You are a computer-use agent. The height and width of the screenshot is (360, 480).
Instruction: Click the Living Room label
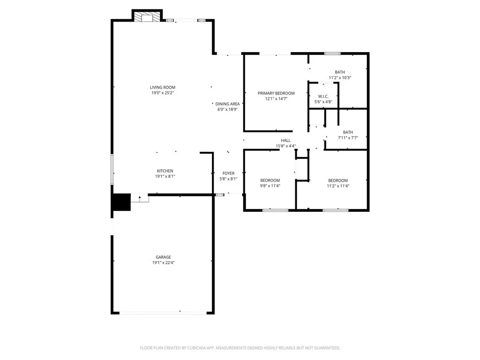pyautogui.click(x=162, y=87)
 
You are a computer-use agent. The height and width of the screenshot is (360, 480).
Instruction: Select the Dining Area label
pyautogui.click(x=227, y=104)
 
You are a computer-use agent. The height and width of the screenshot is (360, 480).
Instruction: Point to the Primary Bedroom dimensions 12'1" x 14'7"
pyautogui.click(x=276, y=99)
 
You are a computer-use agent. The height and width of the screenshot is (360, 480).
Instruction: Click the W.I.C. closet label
pyautogui.click(x=323, y=96)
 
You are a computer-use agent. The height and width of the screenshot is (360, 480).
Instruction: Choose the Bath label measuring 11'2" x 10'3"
pyautogui.click(x=340, y=72)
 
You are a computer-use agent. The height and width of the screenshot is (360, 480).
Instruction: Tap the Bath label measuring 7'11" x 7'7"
pyautogui.click(x=348, y=132)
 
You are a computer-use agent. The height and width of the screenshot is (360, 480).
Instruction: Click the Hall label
pyautogui.click(x=285, y=140)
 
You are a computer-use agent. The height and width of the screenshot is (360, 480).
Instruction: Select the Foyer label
pyautogui.click(x=228, y=173)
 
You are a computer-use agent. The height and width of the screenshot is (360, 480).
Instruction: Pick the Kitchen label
pyautogui.click(x=165, y=171)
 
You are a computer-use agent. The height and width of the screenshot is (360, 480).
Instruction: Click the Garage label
pyautogui.click(x=164, y=257)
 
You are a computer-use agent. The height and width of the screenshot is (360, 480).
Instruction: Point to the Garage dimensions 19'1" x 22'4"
pyautogui.click(x=164, y=262)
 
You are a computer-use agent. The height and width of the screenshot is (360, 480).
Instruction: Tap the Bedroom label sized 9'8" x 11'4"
pyautogui.click(x=270, y=180)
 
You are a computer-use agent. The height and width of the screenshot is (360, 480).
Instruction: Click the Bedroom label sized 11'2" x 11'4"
pyautogui.click(x=338, y=180)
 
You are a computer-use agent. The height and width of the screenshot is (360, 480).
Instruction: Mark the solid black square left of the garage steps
pyautogui.click(x=120, y=203)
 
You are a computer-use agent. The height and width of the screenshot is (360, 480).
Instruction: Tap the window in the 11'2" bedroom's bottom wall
pyautogui.click(x=336, y=210)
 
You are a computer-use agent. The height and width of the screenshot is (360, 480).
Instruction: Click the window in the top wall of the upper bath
pyautogui.click(x=332, y=53)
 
